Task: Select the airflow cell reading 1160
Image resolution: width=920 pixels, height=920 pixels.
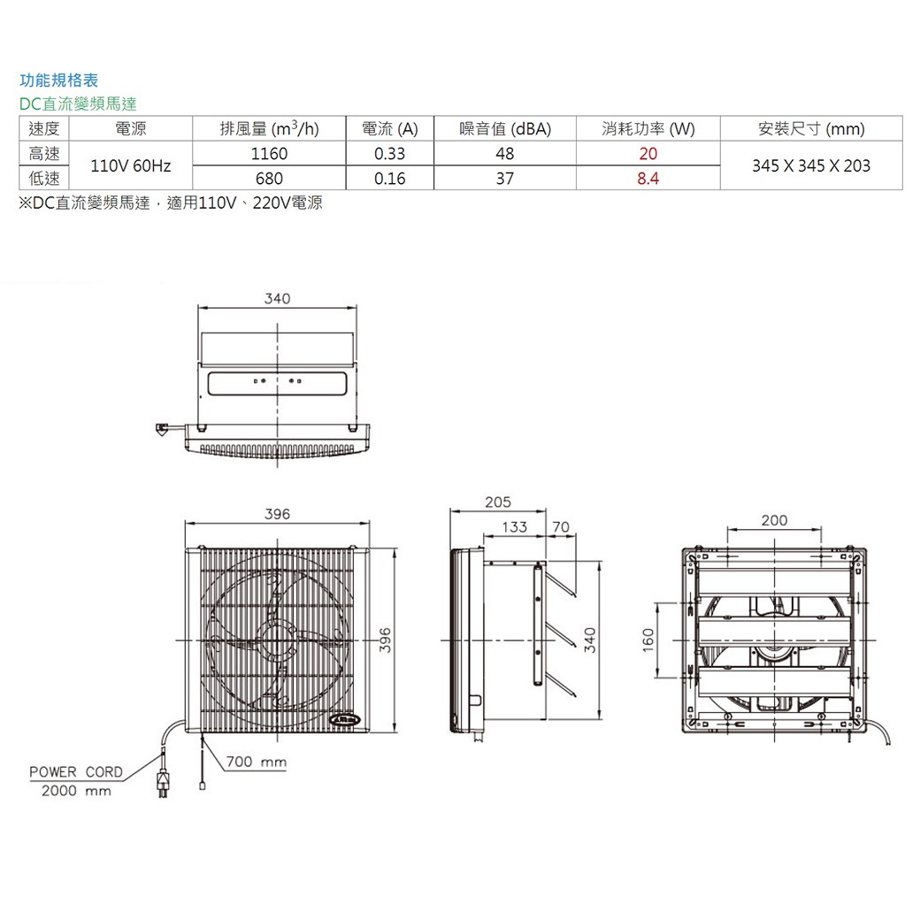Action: (x=269, y=154)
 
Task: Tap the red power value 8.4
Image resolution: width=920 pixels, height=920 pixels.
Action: (x=648, y=179)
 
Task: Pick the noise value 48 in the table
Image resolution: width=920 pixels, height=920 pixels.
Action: (x=504, y=154)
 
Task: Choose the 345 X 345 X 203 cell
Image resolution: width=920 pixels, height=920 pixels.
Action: (x=811, y=166)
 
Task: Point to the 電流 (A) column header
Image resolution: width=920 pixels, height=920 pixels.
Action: (x=389, y=129)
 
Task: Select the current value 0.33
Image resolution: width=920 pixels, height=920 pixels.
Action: (x=389, y=154)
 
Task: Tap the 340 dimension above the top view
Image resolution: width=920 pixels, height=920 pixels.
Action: (x=277, y=299)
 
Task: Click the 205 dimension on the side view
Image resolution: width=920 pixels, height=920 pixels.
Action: (x=498, y=502)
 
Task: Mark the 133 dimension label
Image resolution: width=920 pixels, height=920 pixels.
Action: (x=514, y=527)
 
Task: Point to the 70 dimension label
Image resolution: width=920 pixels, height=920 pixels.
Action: (x=560, y=527)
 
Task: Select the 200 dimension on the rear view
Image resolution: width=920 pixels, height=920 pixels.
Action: (x=774, y=520)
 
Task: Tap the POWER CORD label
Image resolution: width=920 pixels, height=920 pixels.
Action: (x=76, y=771)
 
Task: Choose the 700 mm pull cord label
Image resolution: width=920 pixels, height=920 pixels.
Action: (x=257, y=761)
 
